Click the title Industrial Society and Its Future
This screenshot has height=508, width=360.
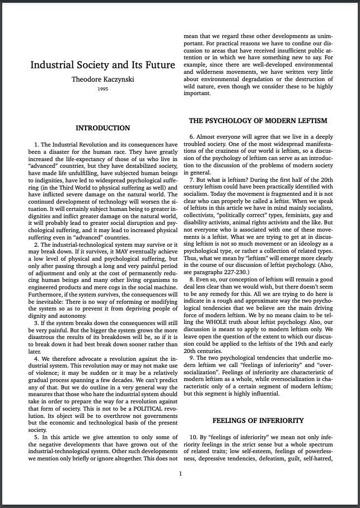tap(102, 64)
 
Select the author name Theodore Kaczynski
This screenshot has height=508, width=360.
tap(103, 79)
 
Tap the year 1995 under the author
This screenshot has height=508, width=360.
tap(102, 89)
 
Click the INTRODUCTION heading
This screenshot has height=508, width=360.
tap(102, 128)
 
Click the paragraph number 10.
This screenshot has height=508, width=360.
tap(194, 436)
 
